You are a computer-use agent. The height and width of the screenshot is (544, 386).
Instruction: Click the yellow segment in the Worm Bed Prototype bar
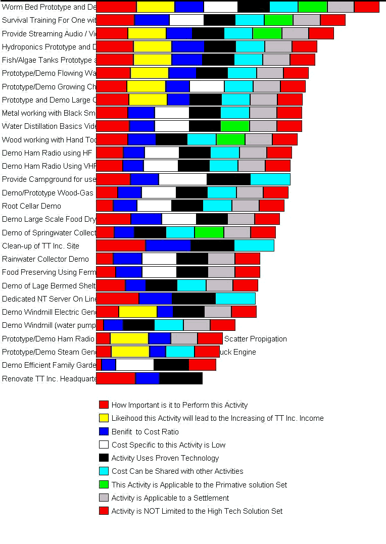(155, 7)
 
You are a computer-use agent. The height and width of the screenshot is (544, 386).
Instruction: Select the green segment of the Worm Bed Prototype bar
(312, 7)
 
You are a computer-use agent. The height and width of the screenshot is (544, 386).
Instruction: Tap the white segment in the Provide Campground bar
(182, 179)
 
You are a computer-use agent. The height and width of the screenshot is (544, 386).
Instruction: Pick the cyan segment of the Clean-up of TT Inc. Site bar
(254, 245)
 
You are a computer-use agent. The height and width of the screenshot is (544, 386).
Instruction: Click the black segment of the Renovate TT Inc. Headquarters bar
(180, 378)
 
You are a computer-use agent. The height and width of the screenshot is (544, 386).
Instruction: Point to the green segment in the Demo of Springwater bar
(209, 232)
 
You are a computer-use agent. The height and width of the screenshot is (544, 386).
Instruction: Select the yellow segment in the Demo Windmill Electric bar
(137, 312)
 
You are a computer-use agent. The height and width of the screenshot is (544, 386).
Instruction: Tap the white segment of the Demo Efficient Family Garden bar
(134, 365)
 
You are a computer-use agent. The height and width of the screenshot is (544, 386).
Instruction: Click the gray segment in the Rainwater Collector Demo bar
(221, 259)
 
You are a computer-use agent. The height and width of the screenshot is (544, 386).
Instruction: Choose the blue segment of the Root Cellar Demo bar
(125, 206)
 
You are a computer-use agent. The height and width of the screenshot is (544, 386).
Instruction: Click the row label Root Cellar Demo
(31, 206)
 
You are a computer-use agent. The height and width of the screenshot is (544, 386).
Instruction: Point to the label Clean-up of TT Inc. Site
(40, 246)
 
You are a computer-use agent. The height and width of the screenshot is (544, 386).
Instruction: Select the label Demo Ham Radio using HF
(47, 153)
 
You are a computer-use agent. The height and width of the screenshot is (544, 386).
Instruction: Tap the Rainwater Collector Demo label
(45, 259)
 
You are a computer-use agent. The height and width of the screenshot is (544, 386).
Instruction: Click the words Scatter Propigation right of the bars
(255, 339)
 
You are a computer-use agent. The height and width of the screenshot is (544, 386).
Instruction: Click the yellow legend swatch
(104, 418)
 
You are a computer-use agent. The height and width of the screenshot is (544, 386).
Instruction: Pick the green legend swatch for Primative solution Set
(104, 484)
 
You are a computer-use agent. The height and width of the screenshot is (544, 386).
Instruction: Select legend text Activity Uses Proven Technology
(165, 458)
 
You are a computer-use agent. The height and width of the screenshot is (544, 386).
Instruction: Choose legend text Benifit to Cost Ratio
(145, 432)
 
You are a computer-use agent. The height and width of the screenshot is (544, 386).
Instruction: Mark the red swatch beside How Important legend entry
(104, 405)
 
